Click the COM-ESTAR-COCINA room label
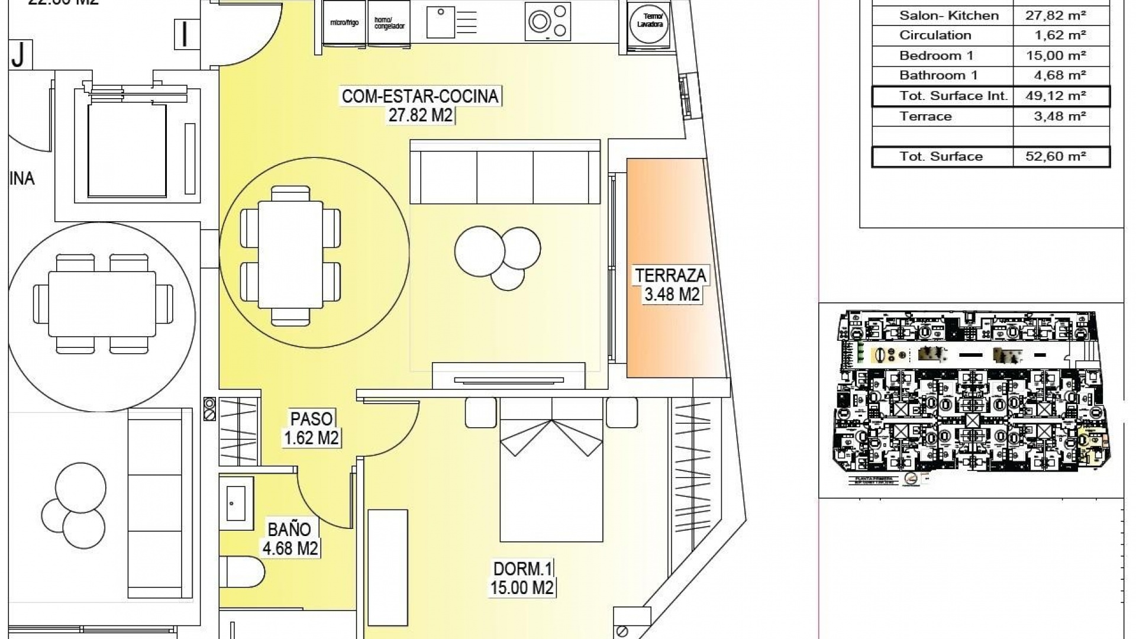tap(420, 105)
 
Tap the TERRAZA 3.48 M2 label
tap(671, 285)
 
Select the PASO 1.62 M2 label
tap(311, 428)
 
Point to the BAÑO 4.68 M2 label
tap(290, 538)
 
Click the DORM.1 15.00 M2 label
tap(522, 579)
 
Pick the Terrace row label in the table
tap(925, 116)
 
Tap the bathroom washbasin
tap(236, 504)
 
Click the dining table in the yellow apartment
tap(291, 254)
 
